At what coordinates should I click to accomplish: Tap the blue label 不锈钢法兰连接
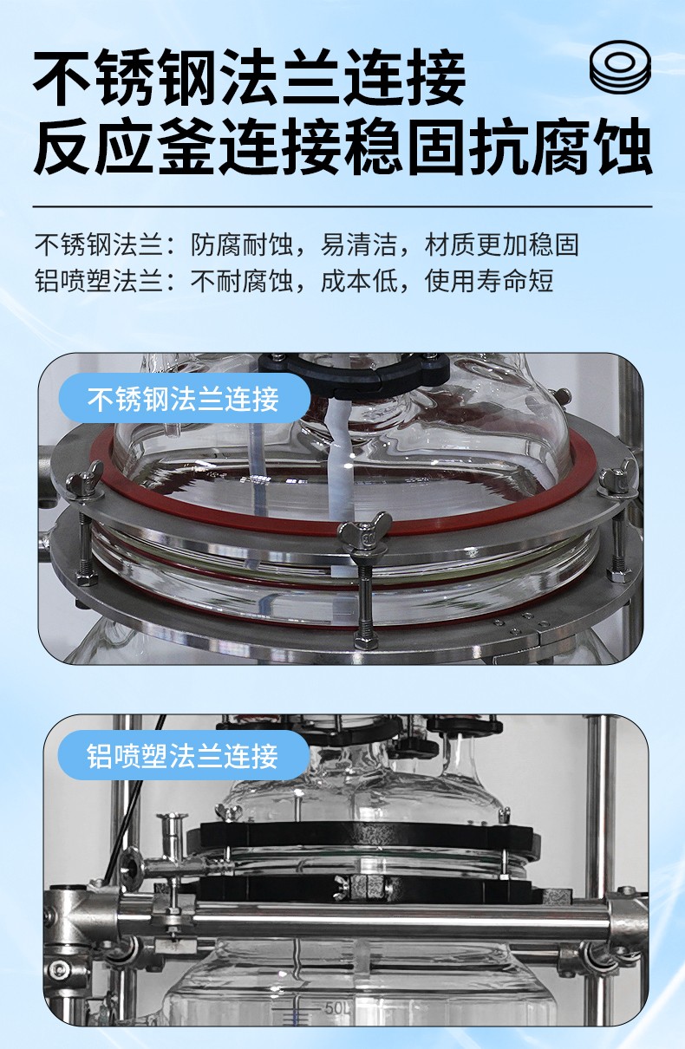point(184,399)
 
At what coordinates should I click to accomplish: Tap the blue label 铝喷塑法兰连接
point(183,755)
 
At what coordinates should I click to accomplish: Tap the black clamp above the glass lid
point(354,372)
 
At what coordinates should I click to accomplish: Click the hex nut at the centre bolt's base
point(364,640)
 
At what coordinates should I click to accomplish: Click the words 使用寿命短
point(489,281)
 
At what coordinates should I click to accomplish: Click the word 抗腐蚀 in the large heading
point(559,146)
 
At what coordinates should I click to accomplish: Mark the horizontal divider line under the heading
point(342,206)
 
